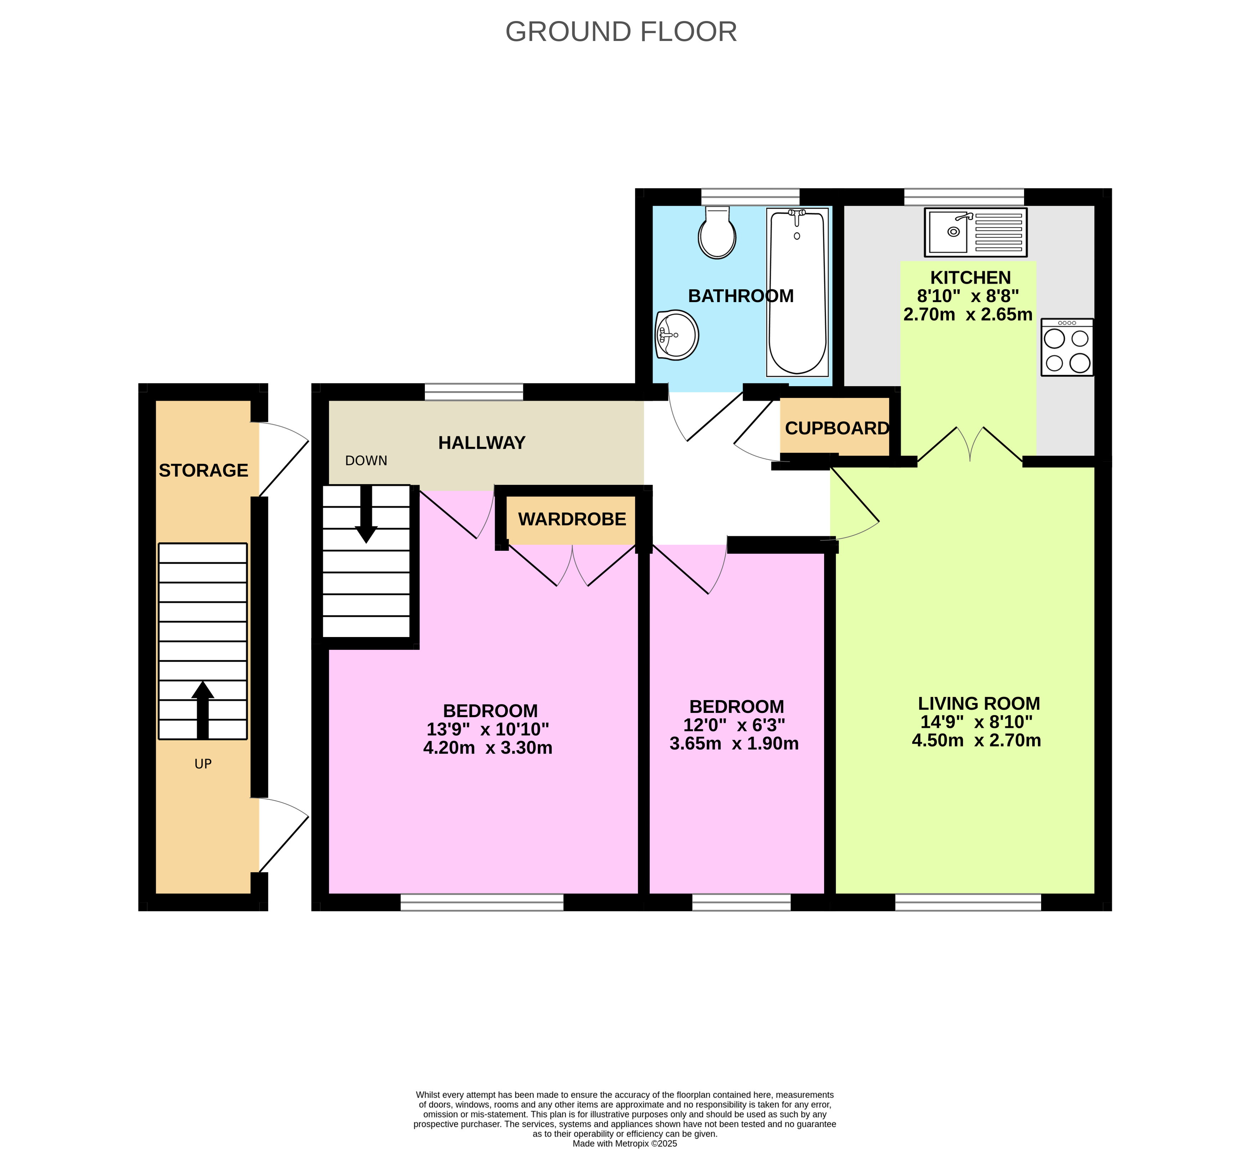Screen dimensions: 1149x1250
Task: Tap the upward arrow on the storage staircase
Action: (203, 709)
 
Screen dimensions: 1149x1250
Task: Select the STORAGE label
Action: (204, 471)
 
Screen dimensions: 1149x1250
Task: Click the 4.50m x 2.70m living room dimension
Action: (976, 740)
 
